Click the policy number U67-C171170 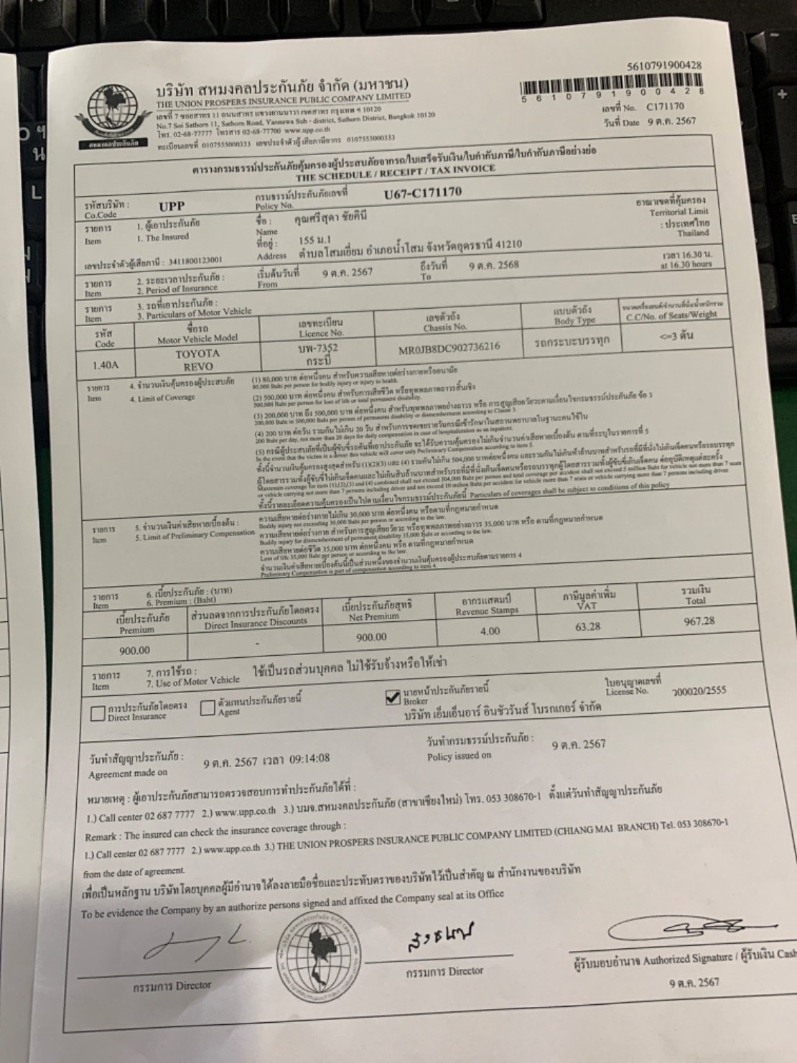point(423,192)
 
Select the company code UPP point(172,207)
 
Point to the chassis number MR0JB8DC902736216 point(450,348)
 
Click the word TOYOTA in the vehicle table point(197,354)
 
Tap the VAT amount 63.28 point(587,627)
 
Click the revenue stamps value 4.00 point(490,631)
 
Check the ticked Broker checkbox point(393,697)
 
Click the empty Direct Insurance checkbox point(98,713)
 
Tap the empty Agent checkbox point(208,708)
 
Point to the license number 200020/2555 point(699,690)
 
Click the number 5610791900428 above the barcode point(664,65)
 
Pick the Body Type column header point(574,316)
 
